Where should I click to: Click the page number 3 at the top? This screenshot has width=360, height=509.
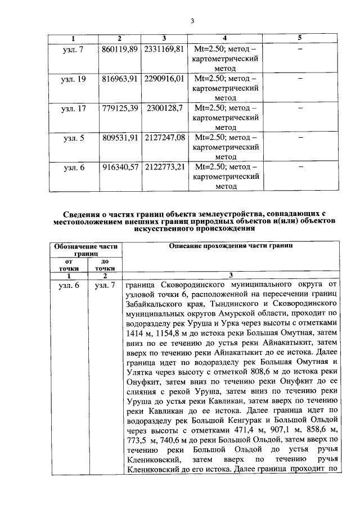click(192, 21)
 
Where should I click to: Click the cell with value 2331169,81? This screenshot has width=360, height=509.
click(164, 49)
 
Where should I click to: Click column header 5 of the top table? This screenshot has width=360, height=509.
click(299, 38)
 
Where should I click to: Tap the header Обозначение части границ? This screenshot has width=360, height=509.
click(86, 250)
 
